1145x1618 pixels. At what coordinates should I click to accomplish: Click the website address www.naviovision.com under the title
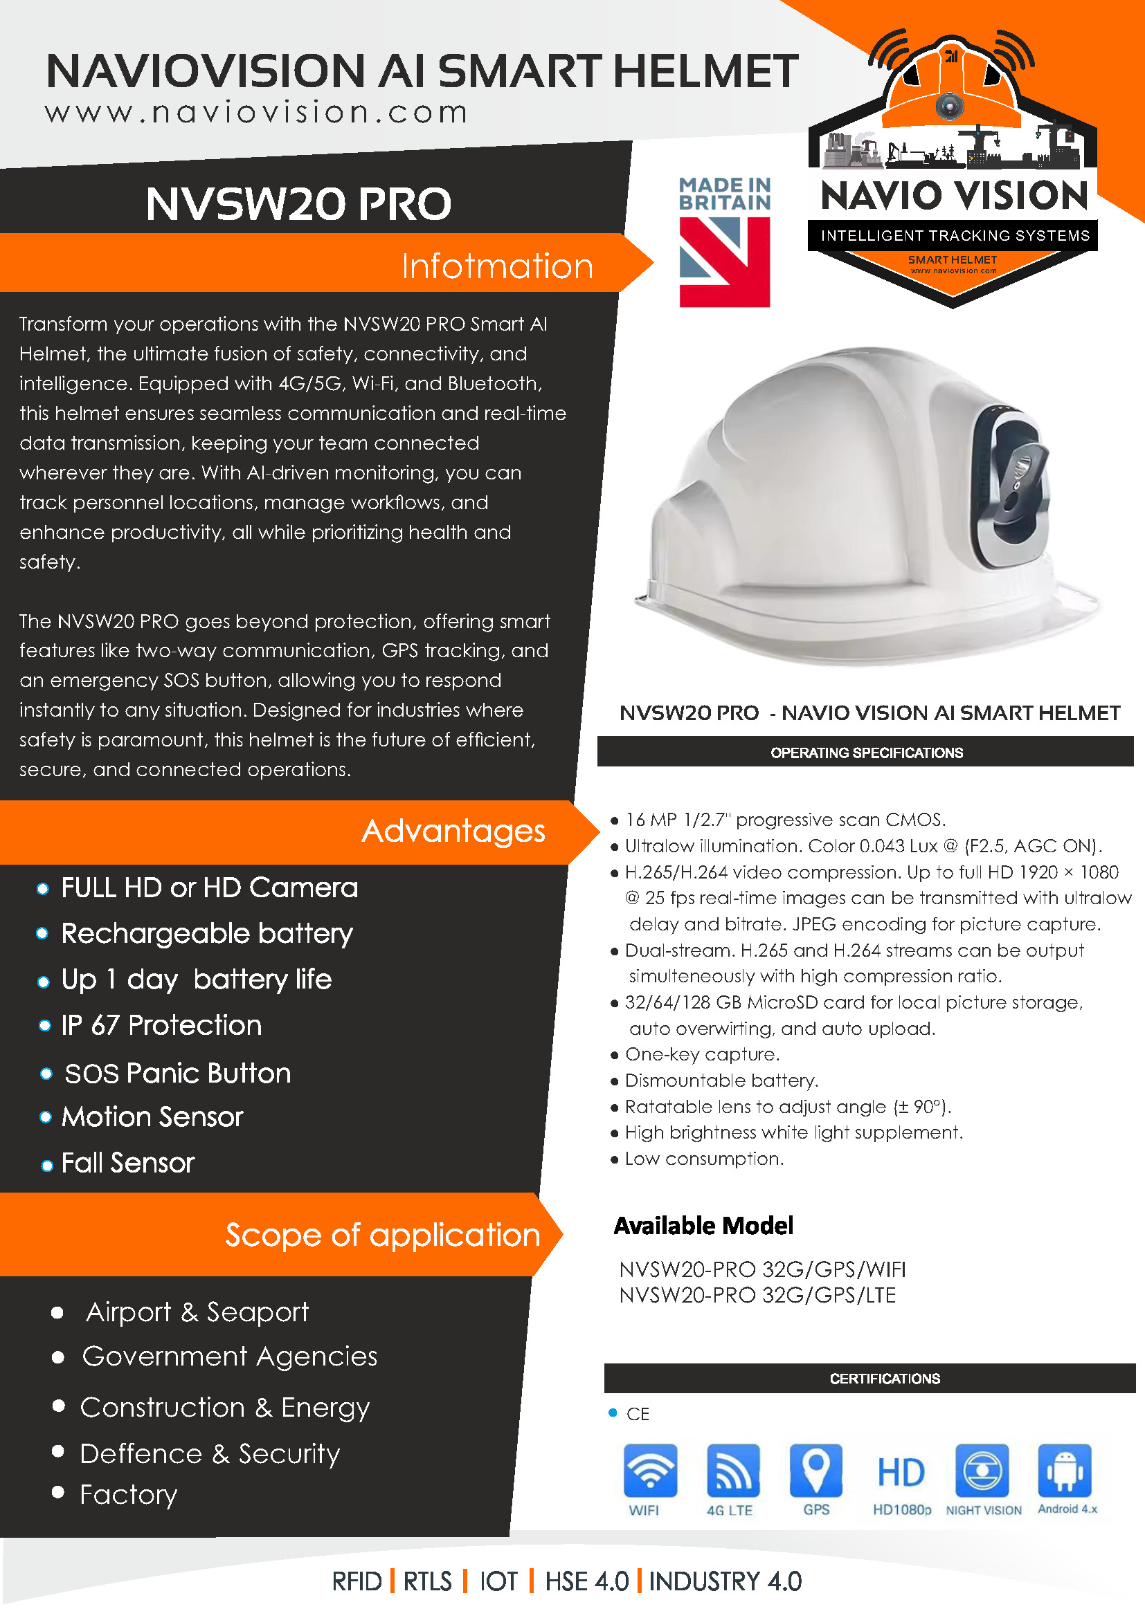point(257,113)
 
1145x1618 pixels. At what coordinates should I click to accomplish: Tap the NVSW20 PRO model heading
point(298,203)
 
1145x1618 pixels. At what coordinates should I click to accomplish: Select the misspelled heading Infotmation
point(497,266)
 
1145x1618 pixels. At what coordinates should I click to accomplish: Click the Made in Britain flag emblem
point(724,261)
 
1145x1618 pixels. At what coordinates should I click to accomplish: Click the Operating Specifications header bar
point(866,753)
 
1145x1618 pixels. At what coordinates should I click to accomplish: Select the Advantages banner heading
point(453,831)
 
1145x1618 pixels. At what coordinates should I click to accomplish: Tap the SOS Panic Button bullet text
point(178,1074)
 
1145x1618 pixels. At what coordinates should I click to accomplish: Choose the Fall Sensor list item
point(127,1163)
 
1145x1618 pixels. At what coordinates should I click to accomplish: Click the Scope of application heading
point(382,1235)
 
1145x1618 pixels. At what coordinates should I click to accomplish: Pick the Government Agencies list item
point(230,1357)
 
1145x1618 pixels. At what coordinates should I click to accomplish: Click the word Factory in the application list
point(128,1495)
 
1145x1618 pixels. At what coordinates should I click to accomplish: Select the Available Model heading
point(703,1226)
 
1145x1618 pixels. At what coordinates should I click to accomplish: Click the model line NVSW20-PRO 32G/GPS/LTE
point(757,1295)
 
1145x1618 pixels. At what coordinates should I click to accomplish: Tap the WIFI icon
point(650,1471)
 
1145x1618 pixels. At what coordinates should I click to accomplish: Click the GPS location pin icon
point(815,1471)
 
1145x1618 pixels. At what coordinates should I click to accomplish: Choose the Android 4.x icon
point(1065,1471)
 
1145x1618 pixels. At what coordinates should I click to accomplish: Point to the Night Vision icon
point(982,1471)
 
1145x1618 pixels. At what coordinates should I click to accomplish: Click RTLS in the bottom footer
point(427,1581)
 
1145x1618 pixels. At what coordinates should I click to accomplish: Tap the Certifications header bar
point(884,1379)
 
